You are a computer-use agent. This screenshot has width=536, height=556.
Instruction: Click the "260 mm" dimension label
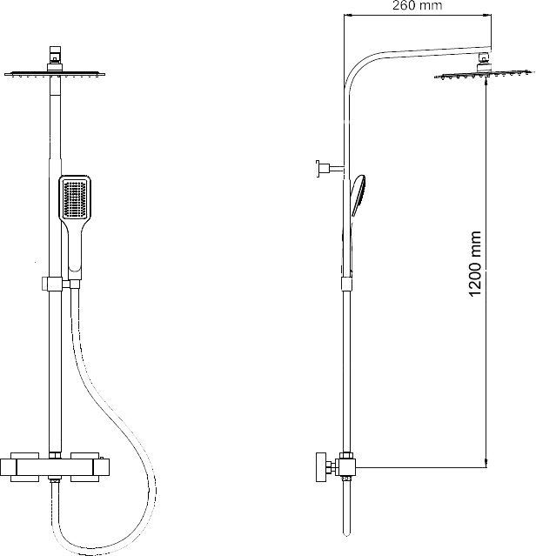[x=418, y=7]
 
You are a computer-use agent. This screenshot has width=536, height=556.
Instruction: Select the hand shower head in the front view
[x=75, y=200]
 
